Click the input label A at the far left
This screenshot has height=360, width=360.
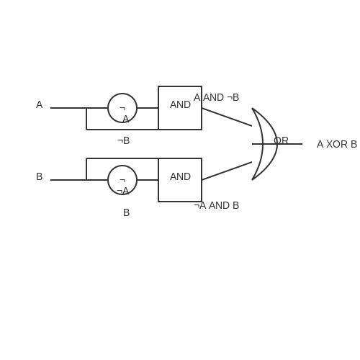(x=40, y=104)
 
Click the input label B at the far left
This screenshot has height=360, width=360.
(x=40, y=176)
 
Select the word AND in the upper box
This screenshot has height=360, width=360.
(x=180, y=104)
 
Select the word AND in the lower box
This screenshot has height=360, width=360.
(x=180, y=176)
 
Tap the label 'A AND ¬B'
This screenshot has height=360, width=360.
(x=216, y=97)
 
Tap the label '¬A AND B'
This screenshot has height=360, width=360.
(x=216, y=205)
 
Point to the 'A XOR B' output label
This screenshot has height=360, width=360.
(x=337, y=144)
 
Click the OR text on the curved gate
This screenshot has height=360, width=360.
(x=281, y=140)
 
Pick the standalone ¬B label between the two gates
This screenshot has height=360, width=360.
(x=124, y=140)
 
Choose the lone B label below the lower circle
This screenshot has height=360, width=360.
(x=126, y=212)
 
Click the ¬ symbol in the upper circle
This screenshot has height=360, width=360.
(x=122, y=108)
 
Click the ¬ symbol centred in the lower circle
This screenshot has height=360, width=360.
(x=122, y=180)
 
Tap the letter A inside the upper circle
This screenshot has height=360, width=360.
(x=126, y=119)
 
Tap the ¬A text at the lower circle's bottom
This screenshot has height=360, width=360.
(x=122, y=191)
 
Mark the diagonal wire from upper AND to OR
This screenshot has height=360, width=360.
(x=227, y=117)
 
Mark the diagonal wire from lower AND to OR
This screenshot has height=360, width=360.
(x=227, y=171)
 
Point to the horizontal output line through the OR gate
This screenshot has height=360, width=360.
(x=277, y=144)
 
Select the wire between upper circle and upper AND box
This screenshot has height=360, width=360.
(x=148, y=108)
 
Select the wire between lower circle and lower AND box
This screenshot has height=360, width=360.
(x=148, y=180)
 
